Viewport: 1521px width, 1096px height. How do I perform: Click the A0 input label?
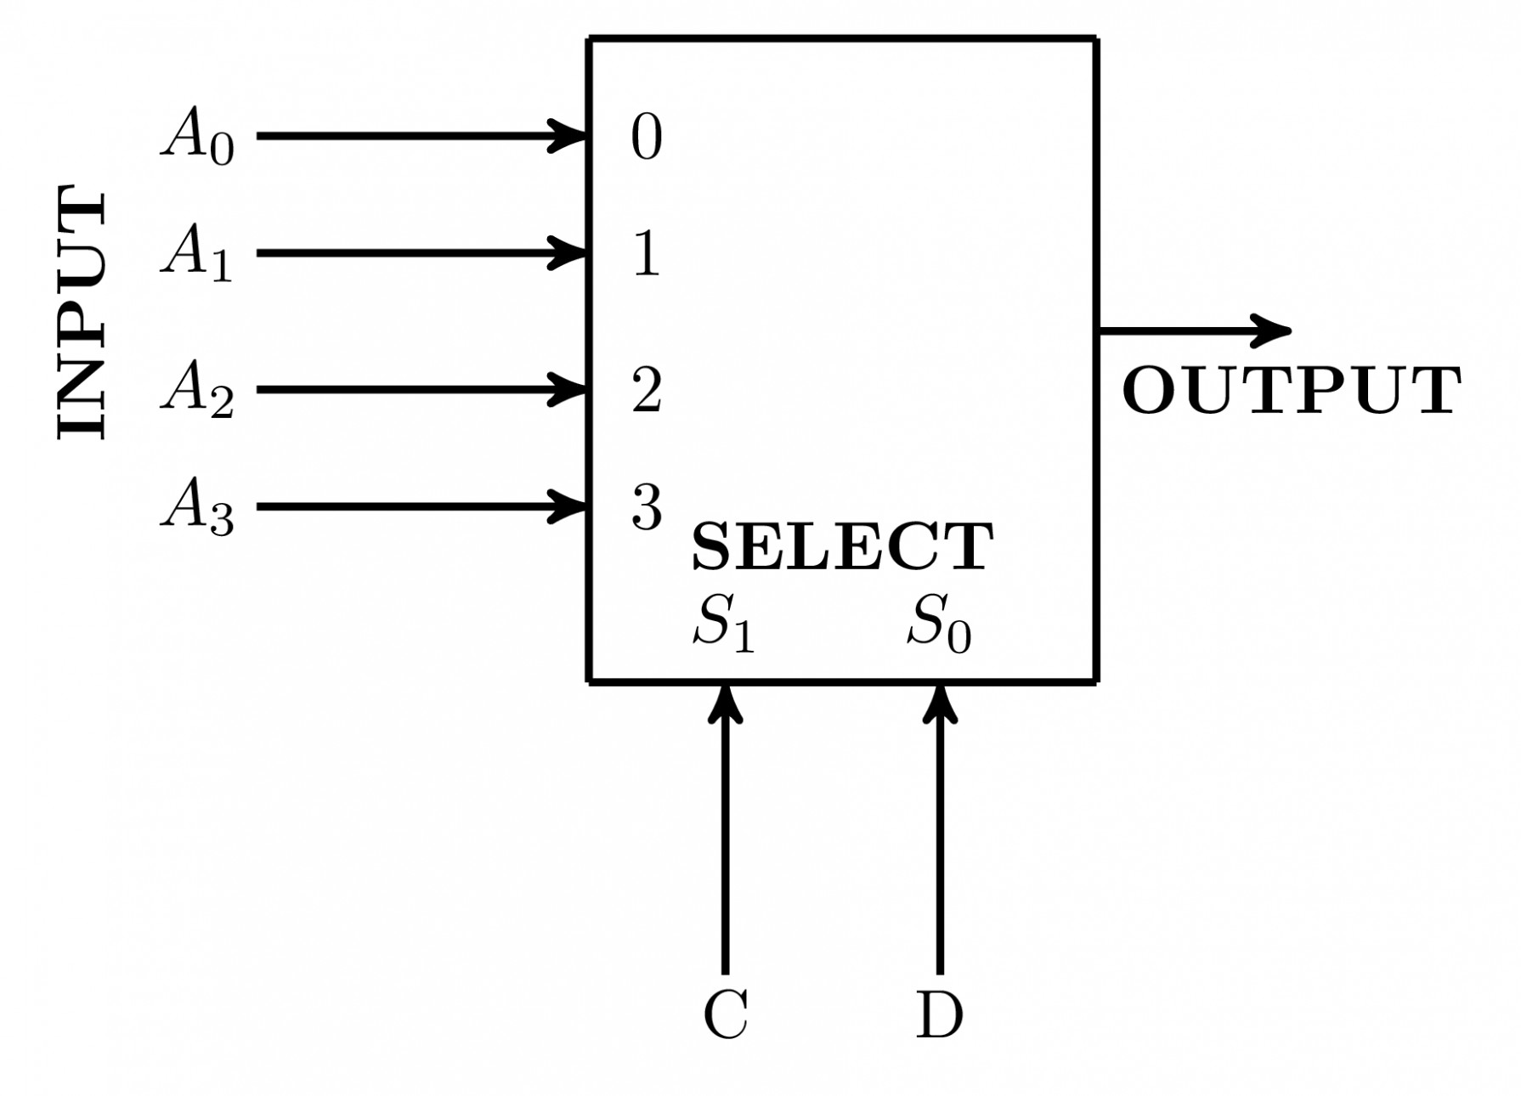coord(197,136)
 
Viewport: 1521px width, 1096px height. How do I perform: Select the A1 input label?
coord(197,252)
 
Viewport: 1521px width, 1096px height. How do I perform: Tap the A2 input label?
coord(197,389)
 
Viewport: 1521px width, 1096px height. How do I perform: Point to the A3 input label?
coord(197,506)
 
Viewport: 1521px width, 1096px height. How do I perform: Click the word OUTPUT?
coord(1292,391)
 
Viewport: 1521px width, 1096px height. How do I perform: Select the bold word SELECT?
coord(842,547)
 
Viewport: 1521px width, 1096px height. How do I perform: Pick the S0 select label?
coord(938,623)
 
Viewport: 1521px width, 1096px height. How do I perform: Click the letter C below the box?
coord(726,1014)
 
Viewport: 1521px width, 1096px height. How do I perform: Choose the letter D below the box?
coord(939,1014)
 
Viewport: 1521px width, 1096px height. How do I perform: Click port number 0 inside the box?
coord(647,137)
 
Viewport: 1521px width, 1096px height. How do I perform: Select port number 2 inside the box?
coord(647,390)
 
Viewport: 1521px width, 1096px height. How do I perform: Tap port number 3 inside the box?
coord(647,508)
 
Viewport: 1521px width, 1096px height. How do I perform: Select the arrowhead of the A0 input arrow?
coord(569,135)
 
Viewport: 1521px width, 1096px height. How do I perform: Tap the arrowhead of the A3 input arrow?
coord(569,506)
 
